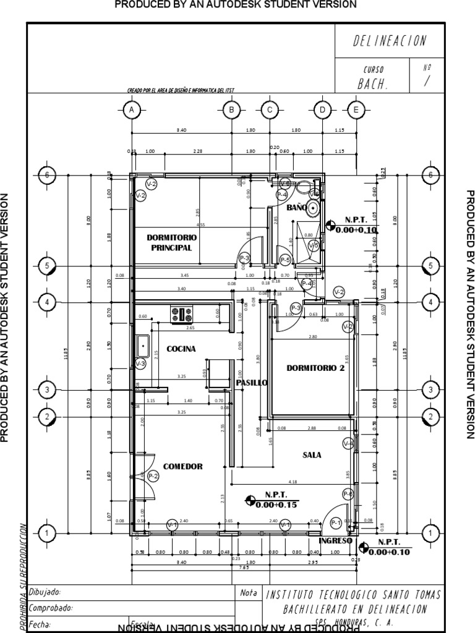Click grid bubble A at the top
pyautogui.click(x=131, y=110)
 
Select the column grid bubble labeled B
pyautogui.click(x=231, y=110)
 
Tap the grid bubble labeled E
pyautogui.click(x=356, y=110)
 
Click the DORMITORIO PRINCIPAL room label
pyautogui.click(x=171, y=242)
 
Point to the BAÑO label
pyautogui.click(x=297, y=208)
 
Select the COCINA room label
pyautogui.click(x=181, y=349)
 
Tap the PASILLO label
pyautogui.click(x=251, y=383)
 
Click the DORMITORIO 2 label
pyautogui.click(x=315, y=368)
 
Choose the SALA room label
pyautogui.click(x=312, y=454)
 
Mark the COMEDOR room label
pyautogui.click(x=182, y=466)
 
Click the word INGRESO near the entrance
pyautogui.click(x=335, y=540)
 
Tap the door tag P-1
pyautogui.click(x=336, y=523)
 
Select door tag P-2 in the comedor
pyautogui.click(x=152, y=475)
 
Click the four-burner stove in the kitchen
pyautogui.click(x=182, y=314)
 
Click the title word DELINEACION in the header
pyautogui.click(x=390, y=41)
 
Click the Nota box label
pyautogui.click(x=249, y=592)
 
